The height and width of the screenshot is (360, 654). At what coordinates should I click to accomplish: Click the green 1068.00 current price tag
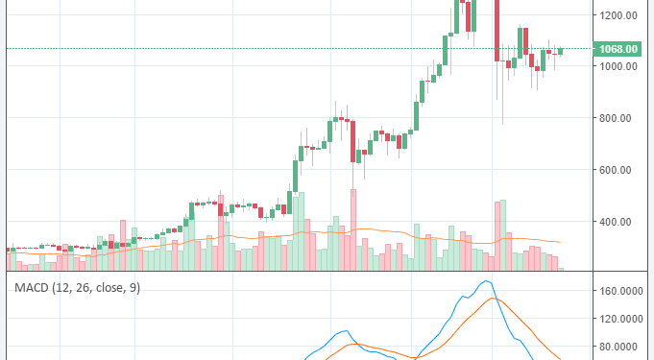(618, 49)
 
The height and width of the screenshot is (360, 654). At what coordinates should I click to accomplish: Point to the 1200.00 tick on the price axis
(618, 15)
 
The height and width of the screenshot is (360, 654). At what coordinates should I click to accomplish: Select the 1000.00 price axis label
(618, 67)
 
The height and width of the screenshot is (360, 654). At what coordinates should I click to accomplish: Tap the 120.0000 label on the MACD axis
(618, 319)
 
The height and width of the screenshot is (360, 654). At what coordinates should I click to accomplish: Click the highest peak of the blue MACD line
(487, 281)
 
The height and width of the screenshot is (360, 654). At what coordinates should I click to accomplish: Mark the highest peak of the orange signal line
(494, 299)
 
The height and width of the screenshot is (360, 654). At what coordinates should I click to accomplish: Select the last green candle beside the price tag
(561, 50)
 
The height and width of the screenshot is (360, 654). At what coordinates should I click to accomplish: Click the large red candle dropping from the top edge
(497, 29)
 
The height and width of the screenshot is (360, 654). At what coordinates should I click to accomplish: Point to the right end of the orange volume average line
(560, 242)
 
